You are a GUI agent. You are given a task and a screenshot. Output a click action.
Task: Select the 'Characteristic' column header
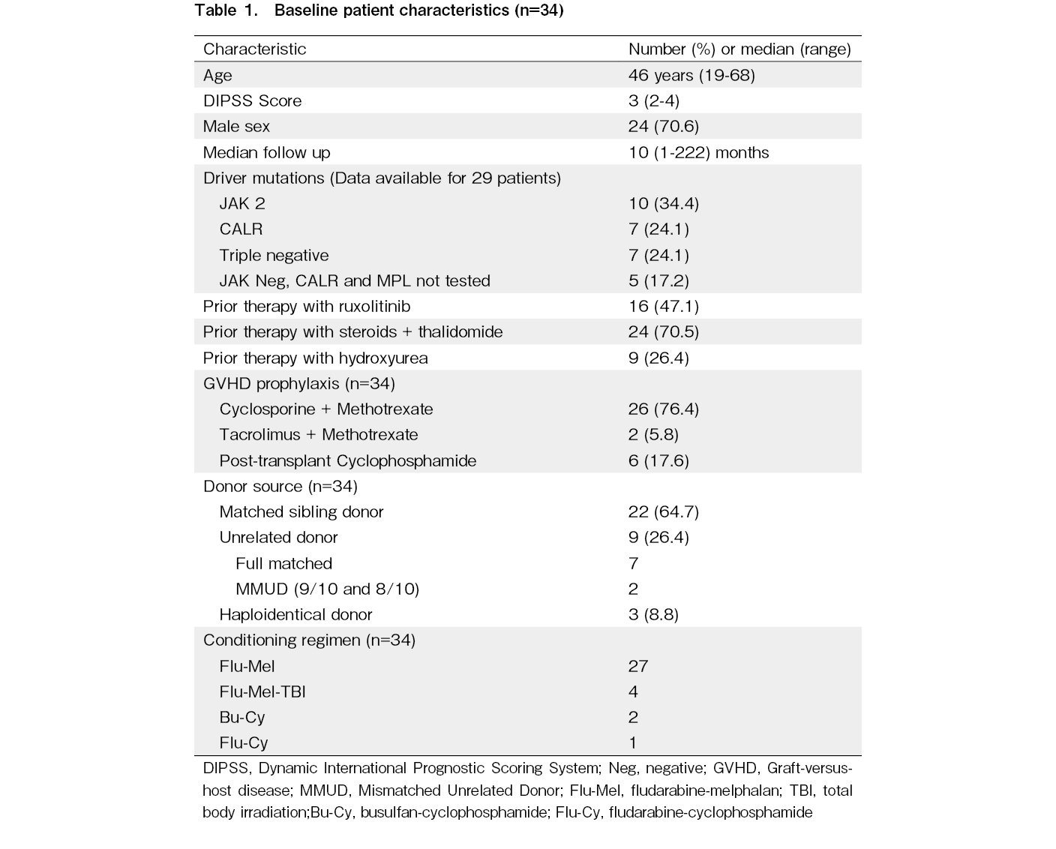(254, 49)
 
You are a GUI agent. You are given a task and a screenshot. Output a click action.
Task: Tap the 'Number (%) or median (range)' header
(739, 49)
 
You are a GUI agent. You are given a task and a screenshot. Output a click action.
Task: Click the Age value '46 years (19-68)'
(691, 75)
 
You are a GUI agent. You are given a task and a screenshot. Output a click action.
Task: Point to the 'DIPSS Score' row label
(252, 100)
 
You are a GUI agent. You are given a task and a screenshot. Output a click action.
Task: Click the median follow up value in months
(698, 152)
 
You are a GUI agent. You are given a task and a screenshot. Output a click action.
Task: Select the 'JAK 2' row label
(241, 203)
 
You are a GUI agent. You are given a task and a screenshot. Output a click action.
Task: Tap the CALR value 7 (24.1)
(658, 229)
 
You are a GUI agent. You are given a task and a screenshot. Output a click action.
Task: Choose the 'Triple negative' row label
(274, 255)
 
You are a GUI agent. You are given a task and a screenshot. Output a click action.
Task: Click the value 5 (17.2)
(658, 280)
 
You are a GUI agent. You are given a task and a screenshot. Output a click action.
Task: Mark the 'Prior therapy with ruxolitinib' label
(306, 306)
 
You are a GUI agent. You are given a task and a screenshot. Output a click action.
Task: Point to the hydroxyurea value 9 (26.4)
(658, 358)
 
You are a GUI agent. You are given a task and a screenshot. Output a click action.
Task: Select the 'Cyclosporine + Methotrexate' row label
(325, 409)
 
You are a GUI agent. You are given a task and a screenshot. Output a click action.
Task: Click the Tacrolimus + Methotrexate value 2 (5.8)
(653, 434)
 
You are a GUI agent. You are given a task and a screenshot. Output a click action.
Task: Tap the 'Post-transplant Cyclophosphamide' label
(347, 460)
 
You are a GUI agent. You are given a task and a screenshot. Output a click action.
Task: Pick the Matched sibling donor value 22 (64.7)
(663, 511)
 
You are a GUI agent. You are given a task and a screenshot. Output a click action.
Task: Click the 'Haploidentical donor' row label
(295, 614)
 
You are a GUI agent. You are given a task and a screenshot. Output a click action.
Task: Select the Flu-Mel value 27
(638, 666)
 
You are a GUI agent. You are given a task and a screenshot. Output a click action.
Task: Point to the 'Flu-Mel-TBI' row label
(262, 691)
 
